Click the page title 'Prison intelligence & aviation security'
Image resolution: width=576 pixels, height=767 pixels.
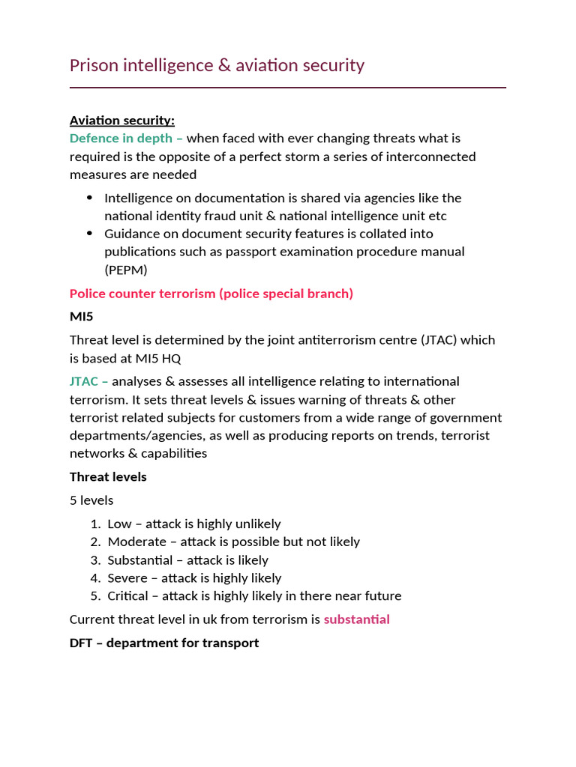tap(217, 65)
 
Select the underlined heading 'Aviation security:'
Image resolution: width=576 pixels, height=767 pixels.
tap(122, 121)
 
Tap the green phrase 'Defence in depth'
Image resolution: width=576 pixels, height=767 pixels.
tap(121, 139)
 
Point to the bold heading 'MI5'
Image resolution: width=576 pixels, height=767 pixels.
tap(81, 317)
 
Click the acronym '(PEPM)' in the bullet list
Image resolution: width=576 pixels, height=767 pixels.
tap(126, 270)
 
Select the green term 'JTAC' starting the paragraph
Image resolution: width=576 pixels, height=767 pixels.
tap(84, 381)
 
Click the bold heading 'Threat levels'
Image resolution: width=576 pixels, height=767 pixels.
tap(108, 477)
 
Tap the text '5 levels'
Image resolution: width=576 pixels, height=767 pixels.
tap(91, 500)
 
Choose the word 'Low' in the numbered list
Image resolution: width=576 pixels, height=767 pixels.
tap(119, 524)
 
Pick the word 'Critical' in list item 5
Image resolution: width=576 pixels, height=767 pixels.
tap(128, 596)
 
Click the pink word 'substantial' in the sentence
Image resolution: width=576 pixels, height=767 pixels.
tap(356, 619)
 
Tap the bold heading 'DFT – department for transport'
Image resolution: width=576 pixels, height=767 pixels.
tap(164, 643)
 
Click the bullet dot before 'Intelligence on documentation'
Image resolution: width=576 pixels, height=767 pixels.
tap(90, 198)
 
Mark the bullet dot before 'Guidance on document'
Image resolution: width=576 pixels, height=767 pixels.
tap(90, 234)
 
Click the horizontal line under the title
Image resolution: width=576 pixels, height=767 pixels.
tap(288, 88)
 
